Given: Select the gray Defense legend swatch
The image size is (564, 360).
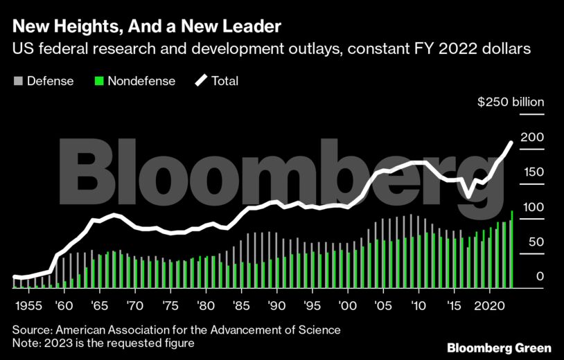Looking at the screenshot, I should point(17,81).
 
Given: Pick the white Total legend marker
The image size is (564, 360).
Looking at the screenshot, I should point(201,81).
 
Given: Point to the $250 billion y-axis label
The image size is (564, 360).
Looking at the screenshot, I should point(511,102).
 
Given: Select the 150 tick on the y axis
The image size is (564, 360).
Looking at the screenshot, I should point(531,172).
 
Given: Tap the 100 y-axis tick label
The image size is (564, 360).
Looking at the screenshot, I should point(531,207).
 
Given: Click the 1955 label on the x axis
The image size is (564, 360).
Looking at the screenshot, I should point(28,305).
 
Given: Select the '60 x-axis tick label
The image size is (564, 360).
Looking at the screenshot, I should point(63,305).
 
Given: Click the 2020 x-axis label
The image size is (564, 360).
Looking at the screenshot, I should point(491,305).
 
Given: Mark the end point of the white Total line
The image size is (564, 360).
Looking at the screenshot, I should point(511,143).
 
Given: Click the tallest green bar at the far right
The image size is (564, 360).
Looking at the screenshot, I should point(511,249).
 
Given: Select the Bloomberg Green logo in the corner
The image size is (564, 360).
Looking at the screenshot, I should point(499,347).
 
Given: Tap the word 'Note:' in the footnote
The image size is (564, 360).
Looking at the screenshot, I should point(26,343).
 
